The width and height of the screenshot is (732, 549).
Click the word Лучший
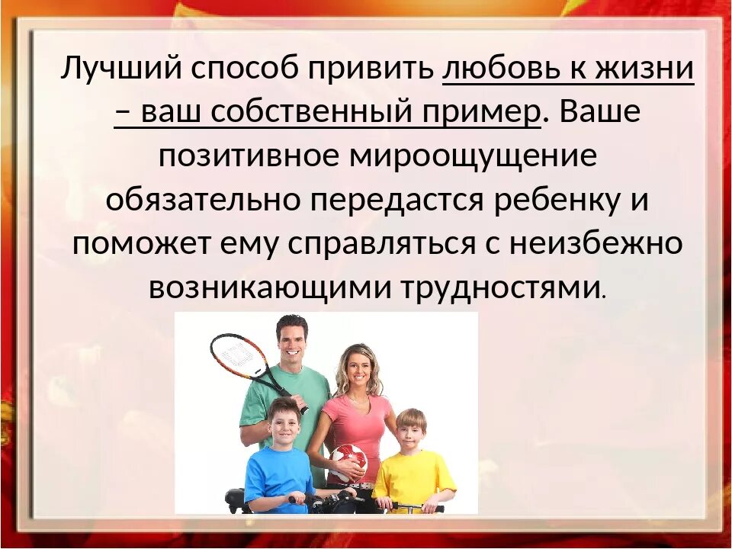[x=120, y=70]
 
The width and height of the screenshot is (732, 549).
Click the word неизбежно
[x=595, y=244]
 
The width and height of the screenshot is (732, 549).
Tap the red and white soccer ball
[x=348, y=461]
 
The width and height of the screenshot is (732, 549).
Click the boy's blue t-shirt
[x=278, y=477]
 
